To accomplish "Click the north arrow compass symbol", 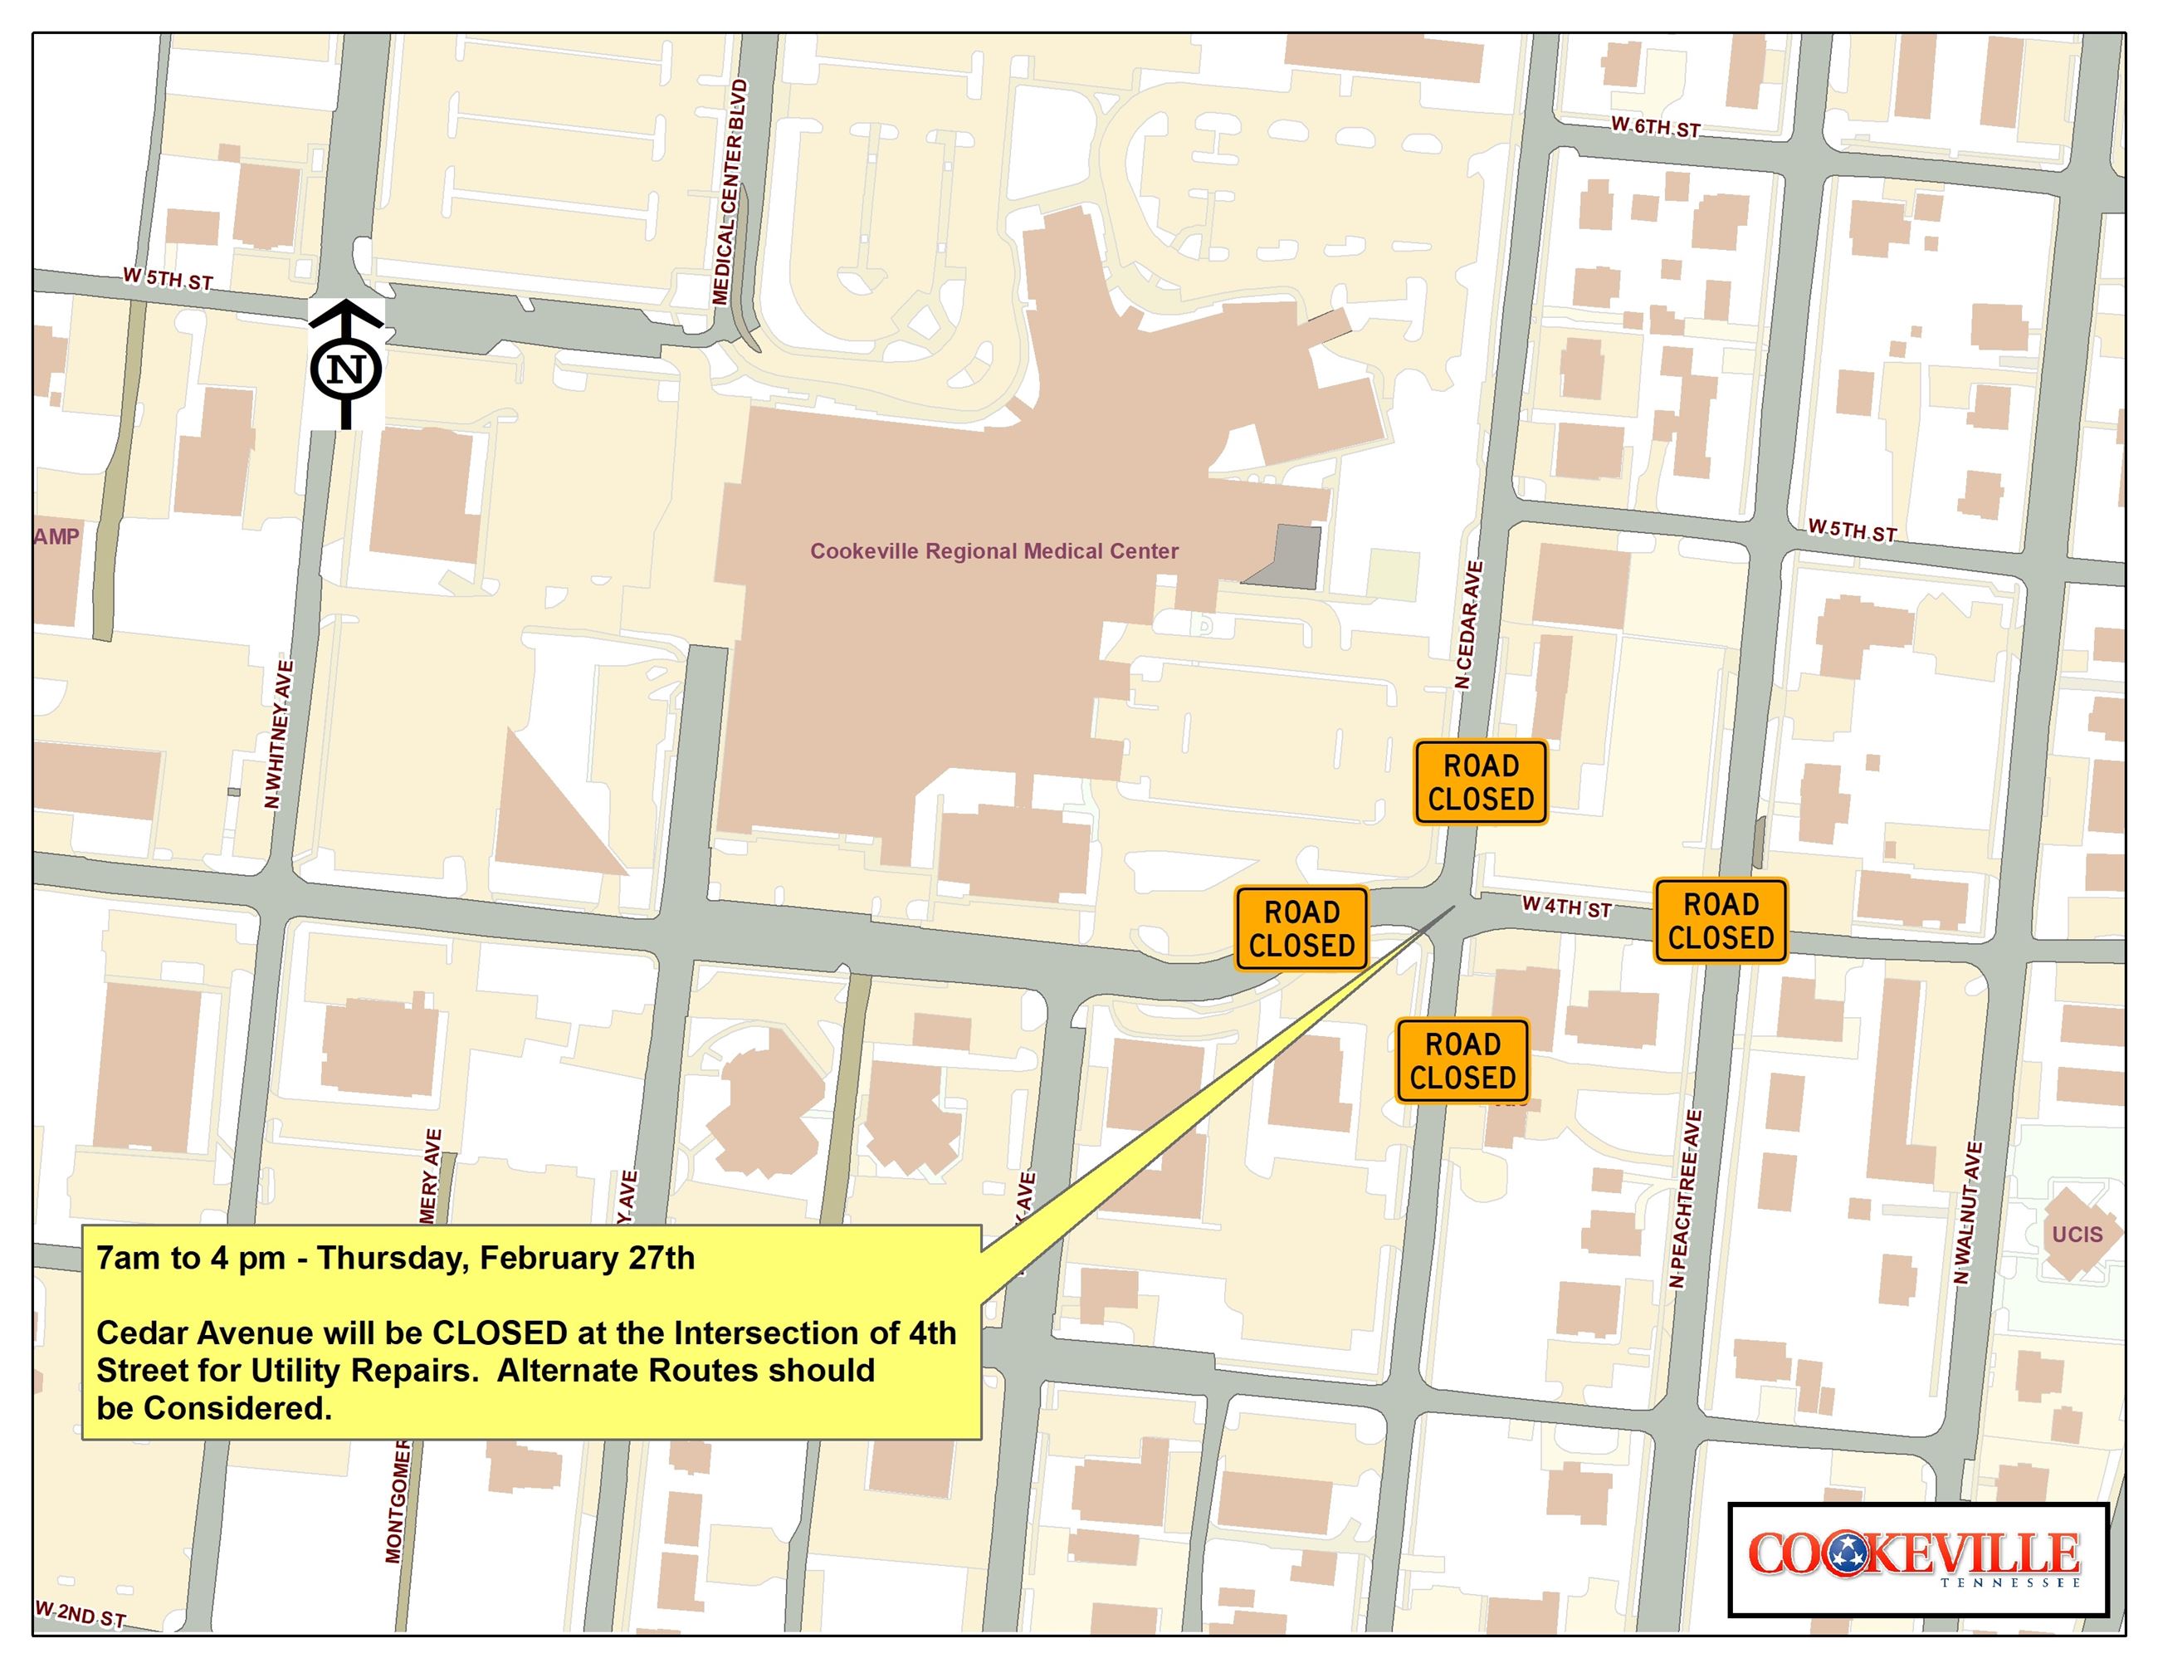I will (346, 364).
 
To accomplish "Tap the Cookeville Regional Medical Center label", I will (994, 551).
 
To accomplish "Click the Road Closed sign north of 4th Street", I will (1480, 781).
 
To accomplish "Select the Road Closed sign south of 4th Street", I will (1462, 1060).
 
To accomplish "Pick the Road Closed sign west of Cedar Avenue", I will (1301, 928).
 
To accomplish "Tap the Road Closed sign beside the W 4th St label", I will (1721, 920).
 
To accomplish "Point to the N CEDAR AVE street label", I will (1469, 624).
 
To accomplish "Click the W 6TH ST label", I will (1655, 128).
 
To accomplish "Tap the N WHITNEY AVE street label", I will (279, 734).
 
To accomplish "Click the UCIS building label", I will (2076, 1235).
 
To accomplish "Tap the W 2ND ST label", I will (81, 1615).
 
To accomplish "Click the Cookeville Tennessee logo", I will (1917, 1559).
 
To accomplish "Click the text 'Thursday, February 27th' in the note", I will (505, 1258).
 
